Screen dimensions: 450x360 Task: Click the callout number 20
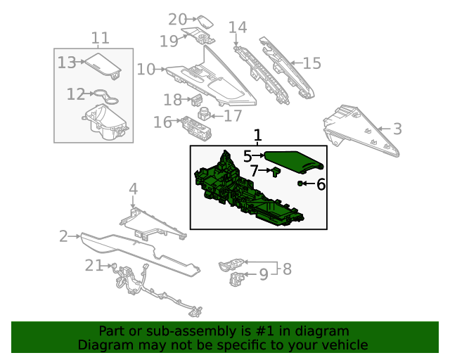coord(177,20)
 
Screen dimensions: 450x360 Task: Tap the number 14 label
coord(238,27)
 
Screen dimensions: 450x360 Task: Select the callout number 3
coord(397,129)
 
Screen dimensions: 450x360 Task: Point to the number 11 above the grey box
coord(100,38)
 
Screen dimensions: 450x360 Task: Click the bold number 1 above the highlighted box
coord(258,135)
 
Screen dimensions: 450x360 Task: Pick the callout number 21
coord(94,266)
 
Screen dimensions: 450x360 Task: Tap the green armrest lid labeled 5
coord(293,162)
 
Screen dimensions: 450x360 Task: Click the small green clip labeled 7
coord(276,172)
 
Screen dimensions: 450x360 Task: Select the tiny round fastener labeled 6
coord(300,183)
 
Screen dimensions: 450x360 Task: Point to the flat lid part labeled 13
coord(103,66)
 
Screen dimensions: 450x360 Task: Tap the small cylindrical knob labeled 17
coord(205,113)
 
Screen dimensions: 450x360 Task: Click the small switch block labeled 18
coord(197,99)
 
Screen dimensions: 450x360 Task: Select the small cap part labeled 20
coord(205,22)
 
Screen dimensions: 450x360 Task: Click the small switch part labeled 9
coord(237,278)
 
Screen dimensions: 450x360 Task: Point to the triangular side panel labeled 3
coord(361,131)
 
